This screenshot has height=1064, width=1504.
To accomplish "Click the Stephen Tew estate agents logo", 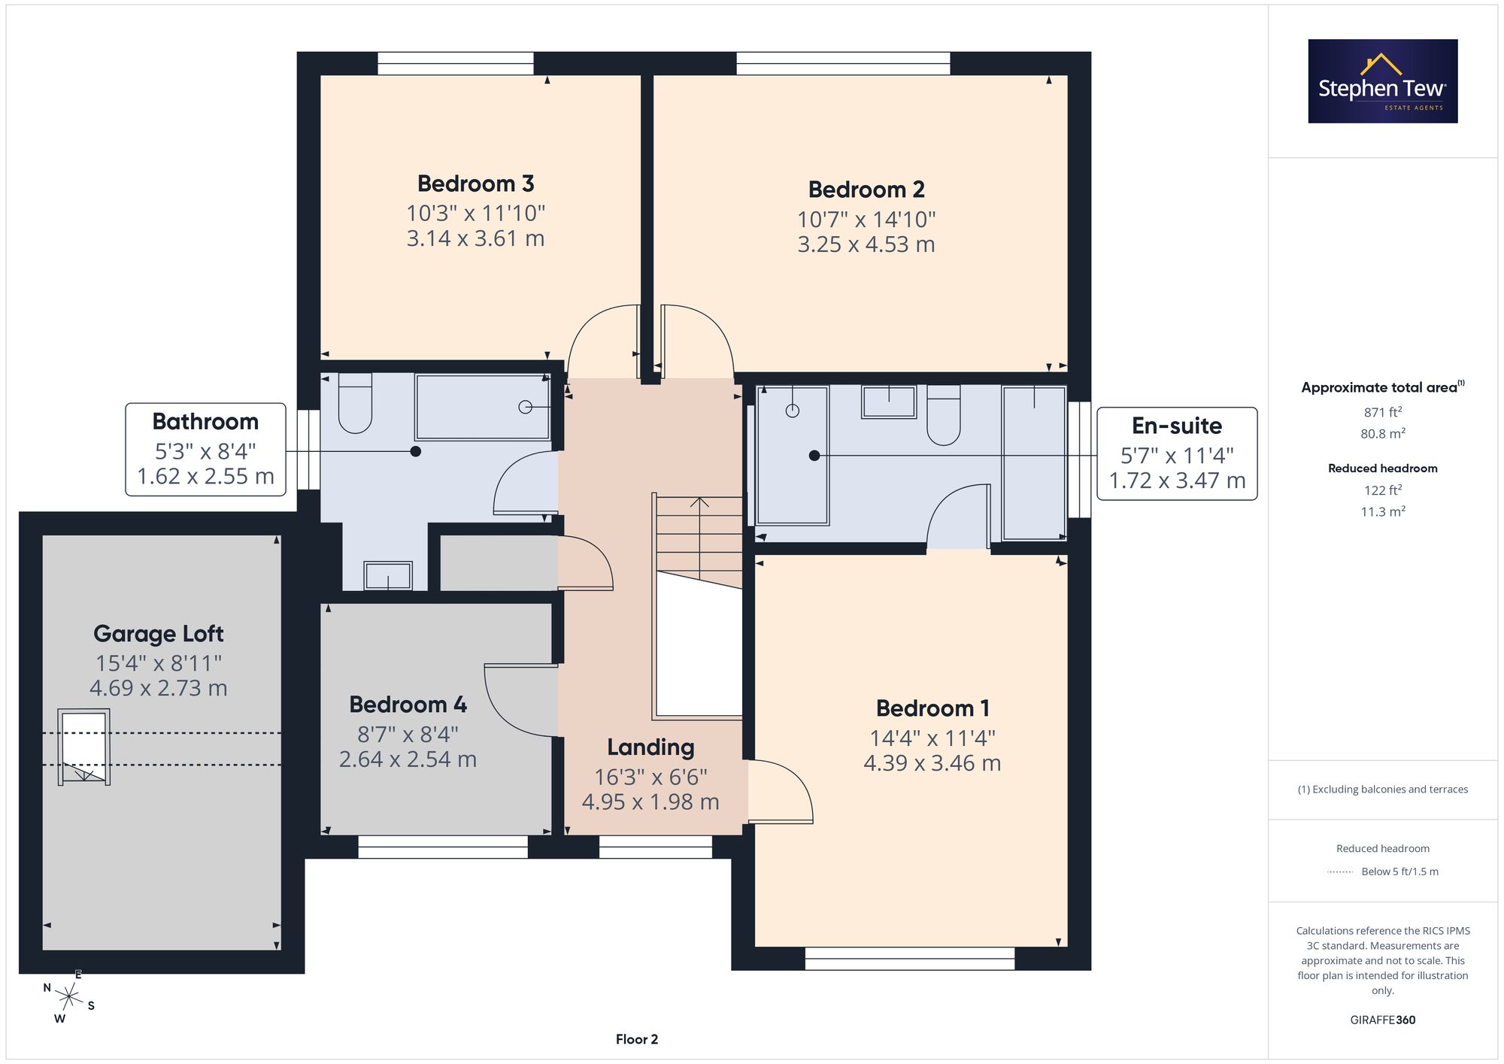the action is point(1383,81).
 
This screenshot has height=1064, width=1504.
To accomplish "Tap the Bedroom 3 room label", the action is point(475,183).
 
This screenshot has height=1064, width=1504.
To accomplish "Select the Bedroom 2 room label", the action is point(866,189).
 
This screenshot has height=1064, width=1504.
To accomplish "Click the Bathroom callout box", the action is point(205,450).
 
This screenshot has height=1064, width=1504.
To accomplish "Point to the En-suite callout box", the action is point(1177,453).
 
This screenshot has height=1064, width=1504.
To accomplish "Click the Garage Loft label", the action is point(159,634).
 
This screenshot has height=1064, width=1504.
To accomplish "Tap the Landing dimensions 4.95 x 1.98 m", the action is point(650,802).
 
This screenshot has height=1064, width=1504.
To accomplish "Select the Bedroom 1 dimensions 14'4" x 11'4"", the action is point(932,738).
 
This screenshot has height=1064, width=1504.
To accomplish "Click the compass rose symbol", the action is point(69,998).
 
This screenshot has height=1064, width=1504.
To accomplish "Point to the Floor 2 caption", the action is point(637,1039).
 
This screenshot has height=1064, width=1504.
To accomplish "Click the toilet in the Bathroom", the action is point(355,403).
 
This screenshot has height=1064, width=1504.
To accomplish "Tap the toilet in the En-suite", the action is point(944,415).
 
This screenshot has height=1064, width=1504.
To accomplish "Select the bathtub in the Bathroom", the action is point(483,407).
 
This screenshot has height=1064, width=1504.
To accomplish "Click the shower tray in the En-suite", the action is point(793,455).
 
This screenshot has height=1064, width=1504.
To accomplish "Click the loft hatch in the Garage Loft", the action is point(84,747).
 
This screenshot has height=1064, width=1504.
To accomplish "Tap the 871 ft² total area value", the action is point(1383,412).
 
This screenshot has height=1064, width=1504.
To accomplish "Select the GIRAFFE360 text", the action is point(1383,1020).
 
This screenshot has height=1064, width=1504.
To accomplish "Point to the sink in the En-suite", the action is point(889,402).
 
